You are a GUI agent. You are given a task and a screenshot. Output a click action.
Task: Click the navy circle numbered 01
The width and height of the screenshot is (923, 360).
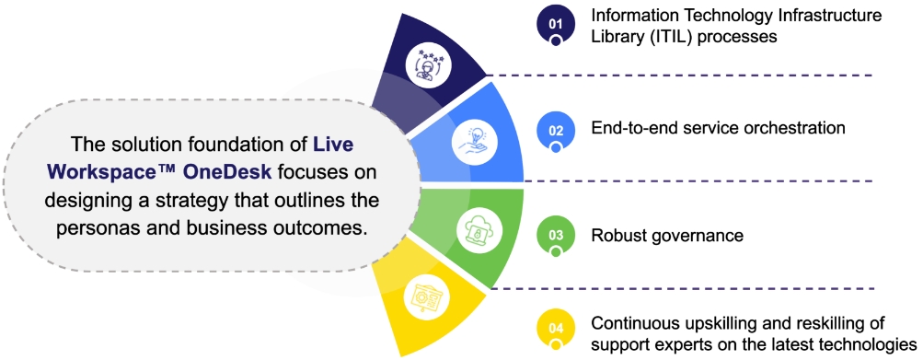tap(556, 24)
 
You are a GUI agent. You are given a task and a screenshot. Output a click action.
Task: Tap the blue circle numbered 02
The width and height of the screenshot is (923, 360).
tap(556, 130)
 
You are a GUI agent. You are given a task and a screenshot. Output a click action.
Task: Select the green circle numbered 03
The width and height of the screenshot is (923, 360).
tap(556, 235)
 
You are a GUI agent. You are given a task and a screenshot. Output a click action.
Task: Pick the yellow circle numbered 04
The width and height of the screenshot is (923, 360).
tap(556, 328)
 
